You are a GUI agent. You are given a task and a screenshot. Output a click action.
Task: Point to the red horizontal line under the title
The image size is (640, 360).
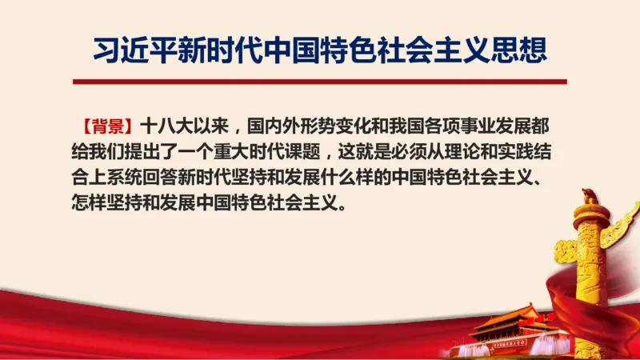click(x=319, y=82)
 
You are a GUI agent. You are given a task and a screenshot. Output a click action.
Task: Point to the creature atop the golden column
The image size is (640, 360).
click(x=590, y=194)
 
